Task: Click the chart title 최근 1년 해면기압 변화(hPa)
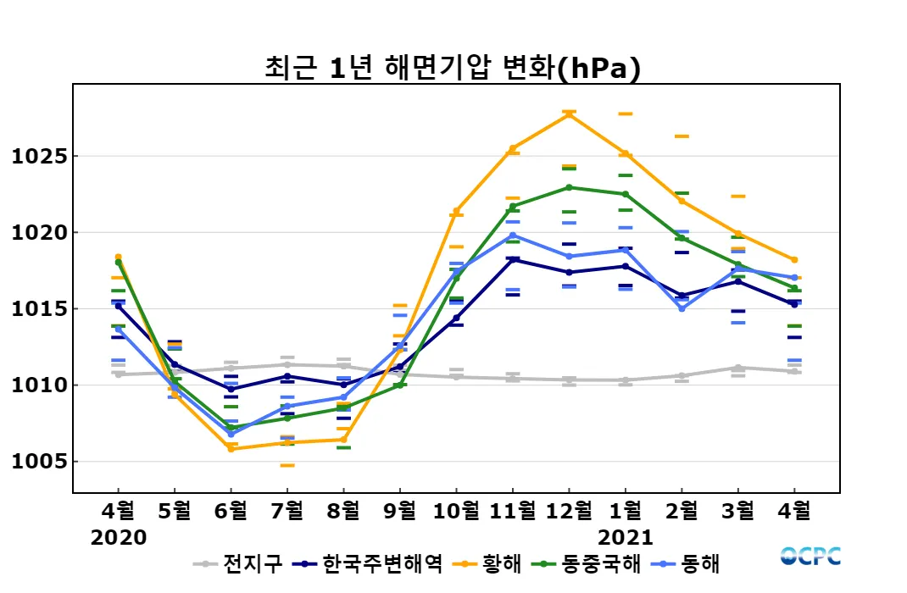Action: pos(453,68)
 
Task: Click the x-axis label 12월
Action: pos(569,512)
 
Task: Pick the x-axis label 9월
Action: pos(400,512)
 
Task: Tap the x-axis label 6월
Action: pos(231,512)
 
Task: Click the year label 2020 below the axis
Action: pos(119,538)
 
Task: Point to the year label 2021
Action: pos(626,538)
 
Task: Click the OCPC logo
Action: pos(810,556)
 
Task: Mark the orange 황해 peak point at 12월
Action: pos(569,114)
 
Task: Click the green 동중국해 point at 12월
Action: pos(569,187)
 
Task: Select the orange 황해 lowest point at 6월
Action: pos(231,449)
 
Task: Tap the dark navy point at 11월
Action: pos(513,259)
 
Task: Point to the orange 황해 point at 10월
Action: pos(456,211)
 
